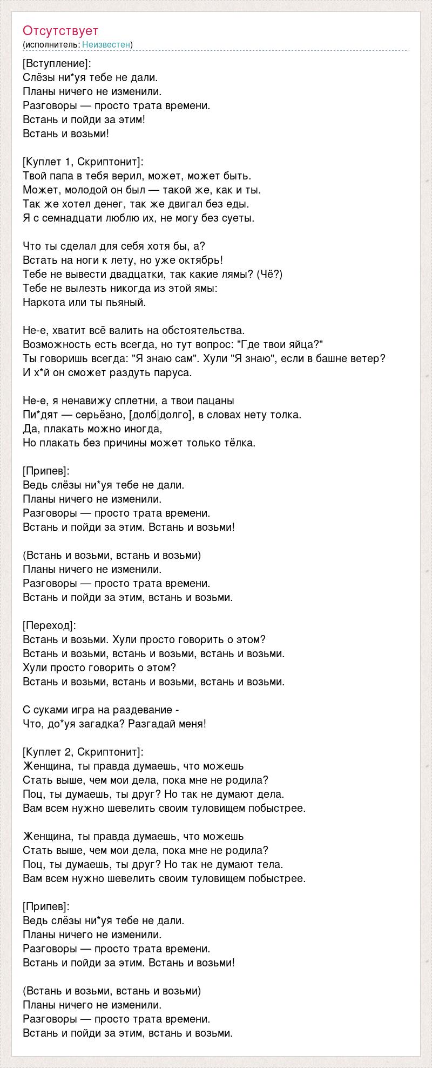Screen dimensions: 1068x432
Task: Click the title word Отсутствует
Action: [x=60, y=31]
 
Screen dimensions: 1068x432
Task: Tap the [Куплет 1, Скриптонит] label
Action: [x=84, y=162]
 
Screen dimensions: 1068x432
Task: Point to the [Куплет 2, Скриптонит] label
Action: [x=84, y=752]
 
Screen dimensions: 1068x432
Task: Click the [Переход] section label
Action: [x=50, y=625]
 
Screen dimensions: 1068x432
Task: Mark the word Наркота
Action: [x=42, y=302]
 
